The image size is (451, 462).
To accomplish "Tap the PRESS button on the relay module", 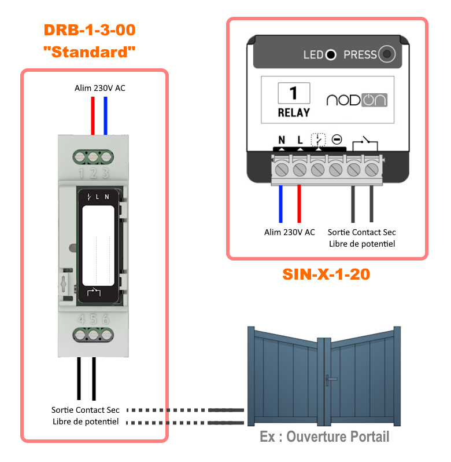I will [x=387, y=55].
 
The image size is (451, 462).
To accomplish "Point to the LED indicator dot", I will [x=330, y=55].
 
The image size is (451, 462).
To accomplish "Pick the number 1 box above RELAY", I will [x=294, y=93].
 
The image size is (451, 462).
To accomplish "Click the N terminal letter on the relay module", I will [x=282, y=140].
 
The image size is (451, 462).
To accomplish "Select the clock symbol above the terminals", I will [x=318, y=139].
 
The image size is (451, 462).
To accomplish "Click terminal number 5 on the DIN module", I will [x=93, y=319].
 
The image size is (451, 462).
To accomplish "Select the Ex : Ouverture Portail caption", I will [x=324, y=436].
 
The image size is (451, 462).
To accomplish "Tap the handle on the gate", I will [x=331, y=379].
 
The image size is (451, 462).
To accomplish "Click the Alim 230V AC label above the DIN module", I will [x=100, y=88].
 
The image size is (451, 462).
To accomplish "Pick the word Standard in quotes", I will [x=90, y=52].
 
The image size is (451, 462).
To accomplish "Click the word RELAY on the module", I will [x=294, y=112].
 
